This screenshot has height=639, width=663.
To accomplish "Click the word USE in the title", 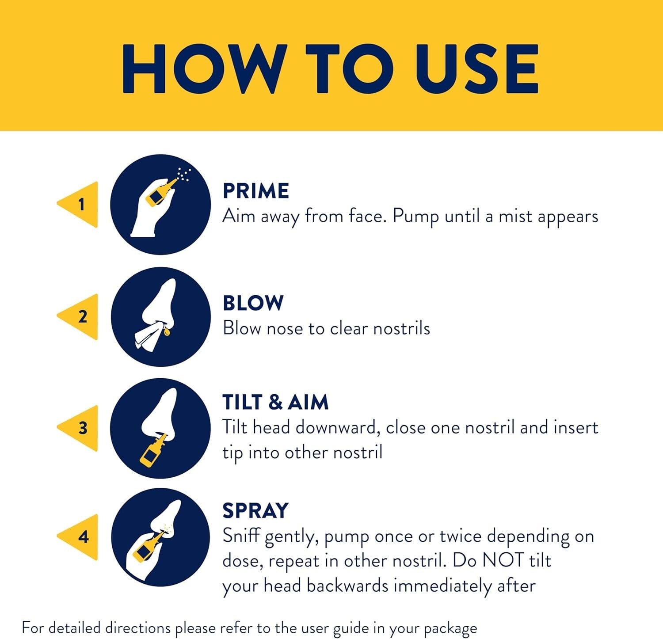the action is click(476, 69).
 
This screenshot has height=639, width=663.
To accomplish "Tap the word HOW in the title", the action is click(202, 69).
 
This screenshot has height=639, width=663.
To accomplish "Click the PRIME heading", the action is click(256, 191).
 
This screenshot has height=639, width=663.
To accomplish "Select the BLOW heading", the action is click(253, 303).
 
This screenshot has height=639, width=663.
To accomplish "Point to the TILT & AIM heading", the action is click(275, 402).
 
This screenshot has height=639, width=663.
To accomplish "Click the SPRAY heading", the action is click(255, 510).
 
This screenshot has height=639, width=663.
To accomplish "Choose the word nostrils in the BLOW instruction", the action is click(402, 328).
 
